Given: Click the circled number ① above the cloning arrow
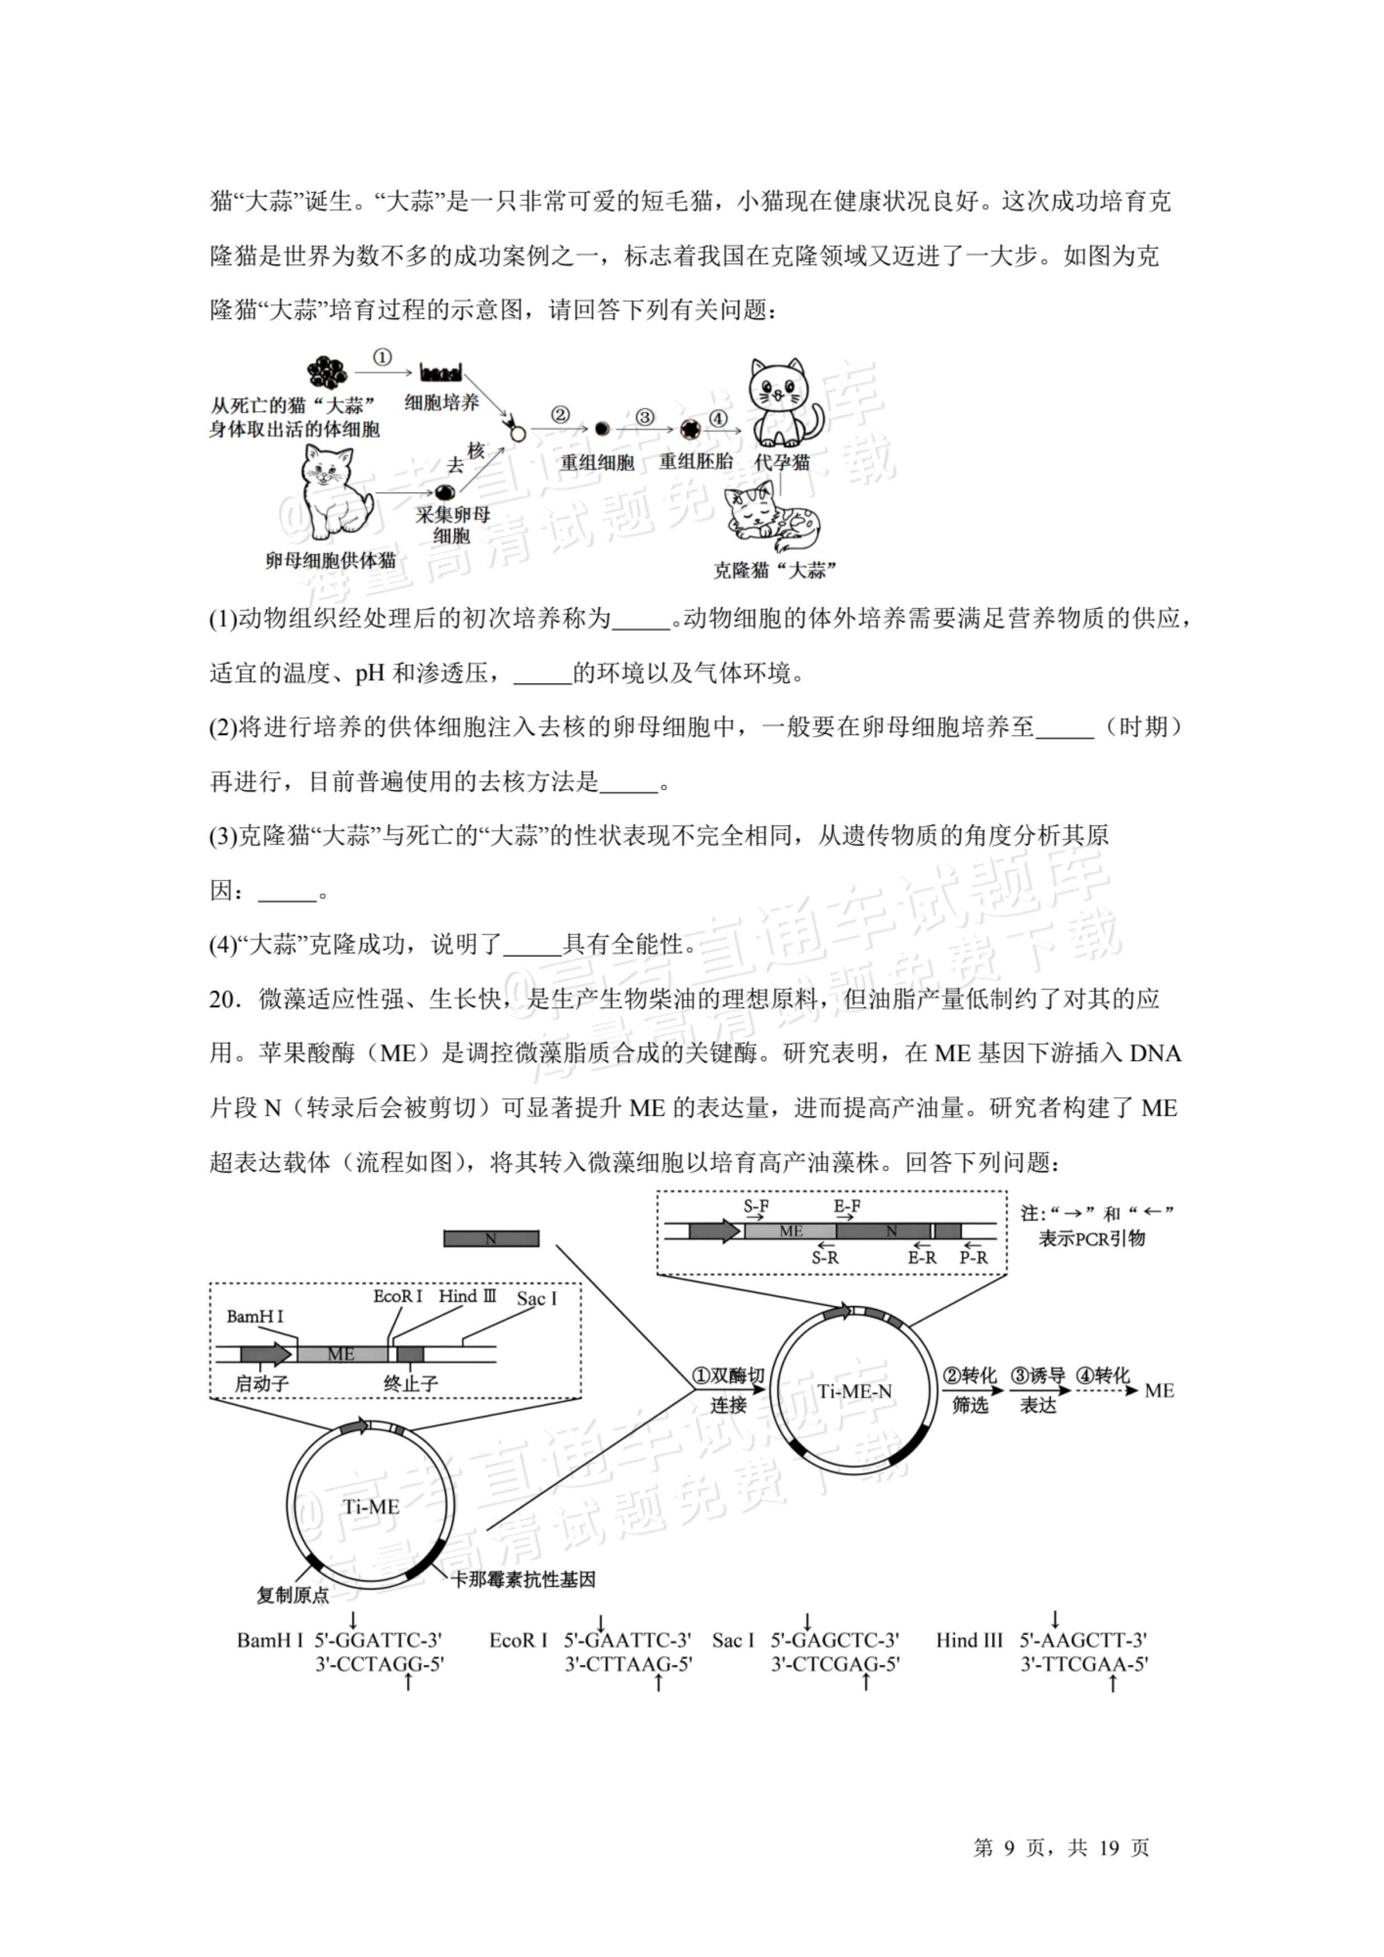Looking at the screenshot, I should pyautogui.click(x=382, y=358).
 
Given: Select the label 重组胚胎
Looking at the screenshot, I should pyautogui.click(x=696, y=461).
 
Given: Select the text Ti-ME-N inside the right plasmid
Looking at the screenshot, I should pyautogui.click(x=855, y=1392).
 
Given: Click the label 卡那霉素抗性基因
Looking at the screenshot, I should pyautogui.click(x=523, y=1579).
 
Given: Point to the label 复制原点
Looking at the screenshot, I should pyautogui.click(x=293, y=1595).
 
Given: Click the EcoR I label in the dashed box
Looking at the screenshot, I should pyautogui.click(x=398, y=1296).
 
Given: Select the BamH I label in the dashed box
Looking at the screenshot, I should pyautogui.click(x=255, y=1317).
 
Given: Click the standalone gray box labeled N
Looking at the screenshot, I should pyautogui.click(x=491, y=1238).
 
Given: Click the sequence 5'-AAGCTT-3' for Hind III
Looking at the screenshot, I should pyautogui.click(x=1083, y=1639).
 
